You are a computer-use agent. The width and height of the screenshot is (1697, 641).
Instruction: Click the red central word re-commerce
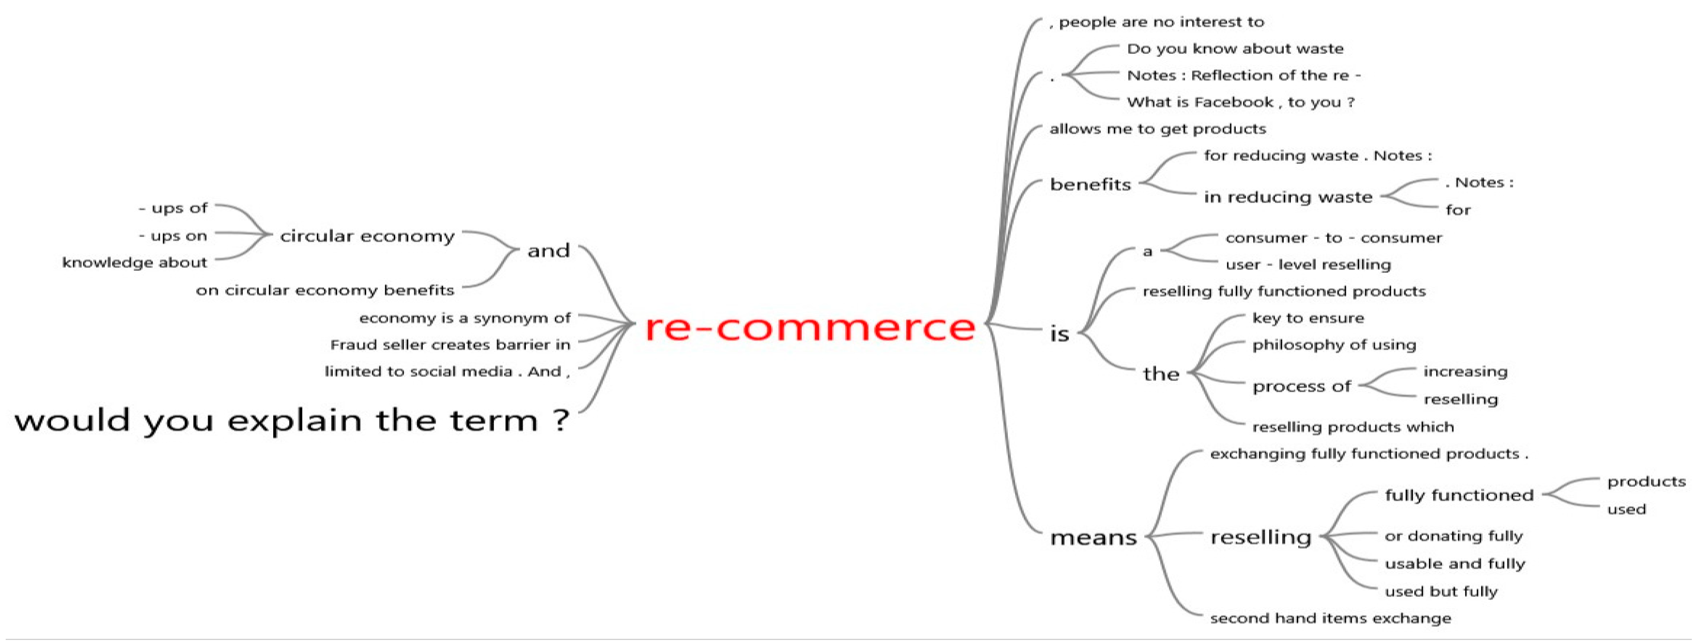pos(809,327)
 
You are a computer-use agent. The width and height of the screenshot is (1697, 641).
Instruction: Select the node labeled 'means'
pos(1093,538)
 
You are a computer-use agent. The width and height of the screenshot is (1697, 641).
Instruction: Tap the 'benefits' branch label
pos(1091,184)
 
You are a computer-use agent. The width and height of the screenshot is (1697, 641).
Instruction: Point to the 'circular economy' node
pos(367,236)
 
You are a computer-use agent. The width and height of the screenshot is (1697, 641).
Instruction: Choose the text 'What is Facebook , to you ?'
pos(1240,102)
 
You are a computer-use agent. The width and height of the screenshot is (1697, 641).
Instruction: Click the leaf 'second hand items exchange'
pos(1330,618)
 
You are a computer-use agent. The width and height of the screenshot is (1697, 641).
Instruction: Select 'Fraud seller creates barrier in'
pos(450,345)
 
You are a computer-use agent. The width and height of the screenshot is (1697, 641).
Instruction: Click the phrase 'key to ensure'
pos(1307,318)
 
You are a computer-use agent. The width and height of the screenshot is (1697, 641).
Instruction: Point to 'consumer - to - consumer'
pos(1333,238)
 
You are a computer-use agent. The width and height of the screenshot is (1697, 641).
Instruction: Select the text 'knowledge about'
pos(134,263)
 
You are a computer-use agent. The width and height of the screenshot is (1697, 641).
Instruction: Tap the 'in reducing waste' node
pos(1288,197)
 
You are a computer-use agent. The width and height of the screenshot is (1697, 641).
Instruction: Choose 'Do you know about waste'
pos(1235,49)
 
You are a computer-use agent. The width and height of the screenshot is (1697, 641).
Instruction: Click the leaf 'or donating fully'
pos(1453,536)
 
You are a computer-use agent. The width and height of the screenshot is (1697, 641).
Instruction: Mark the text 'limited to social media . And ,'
pos(447,371)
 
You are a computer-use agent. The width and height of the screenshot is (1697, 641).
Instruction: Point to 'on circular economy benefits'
pos(325,290)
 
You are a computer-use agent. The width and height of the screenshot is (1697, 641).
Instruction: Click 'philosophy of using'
pos(1333,345)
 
